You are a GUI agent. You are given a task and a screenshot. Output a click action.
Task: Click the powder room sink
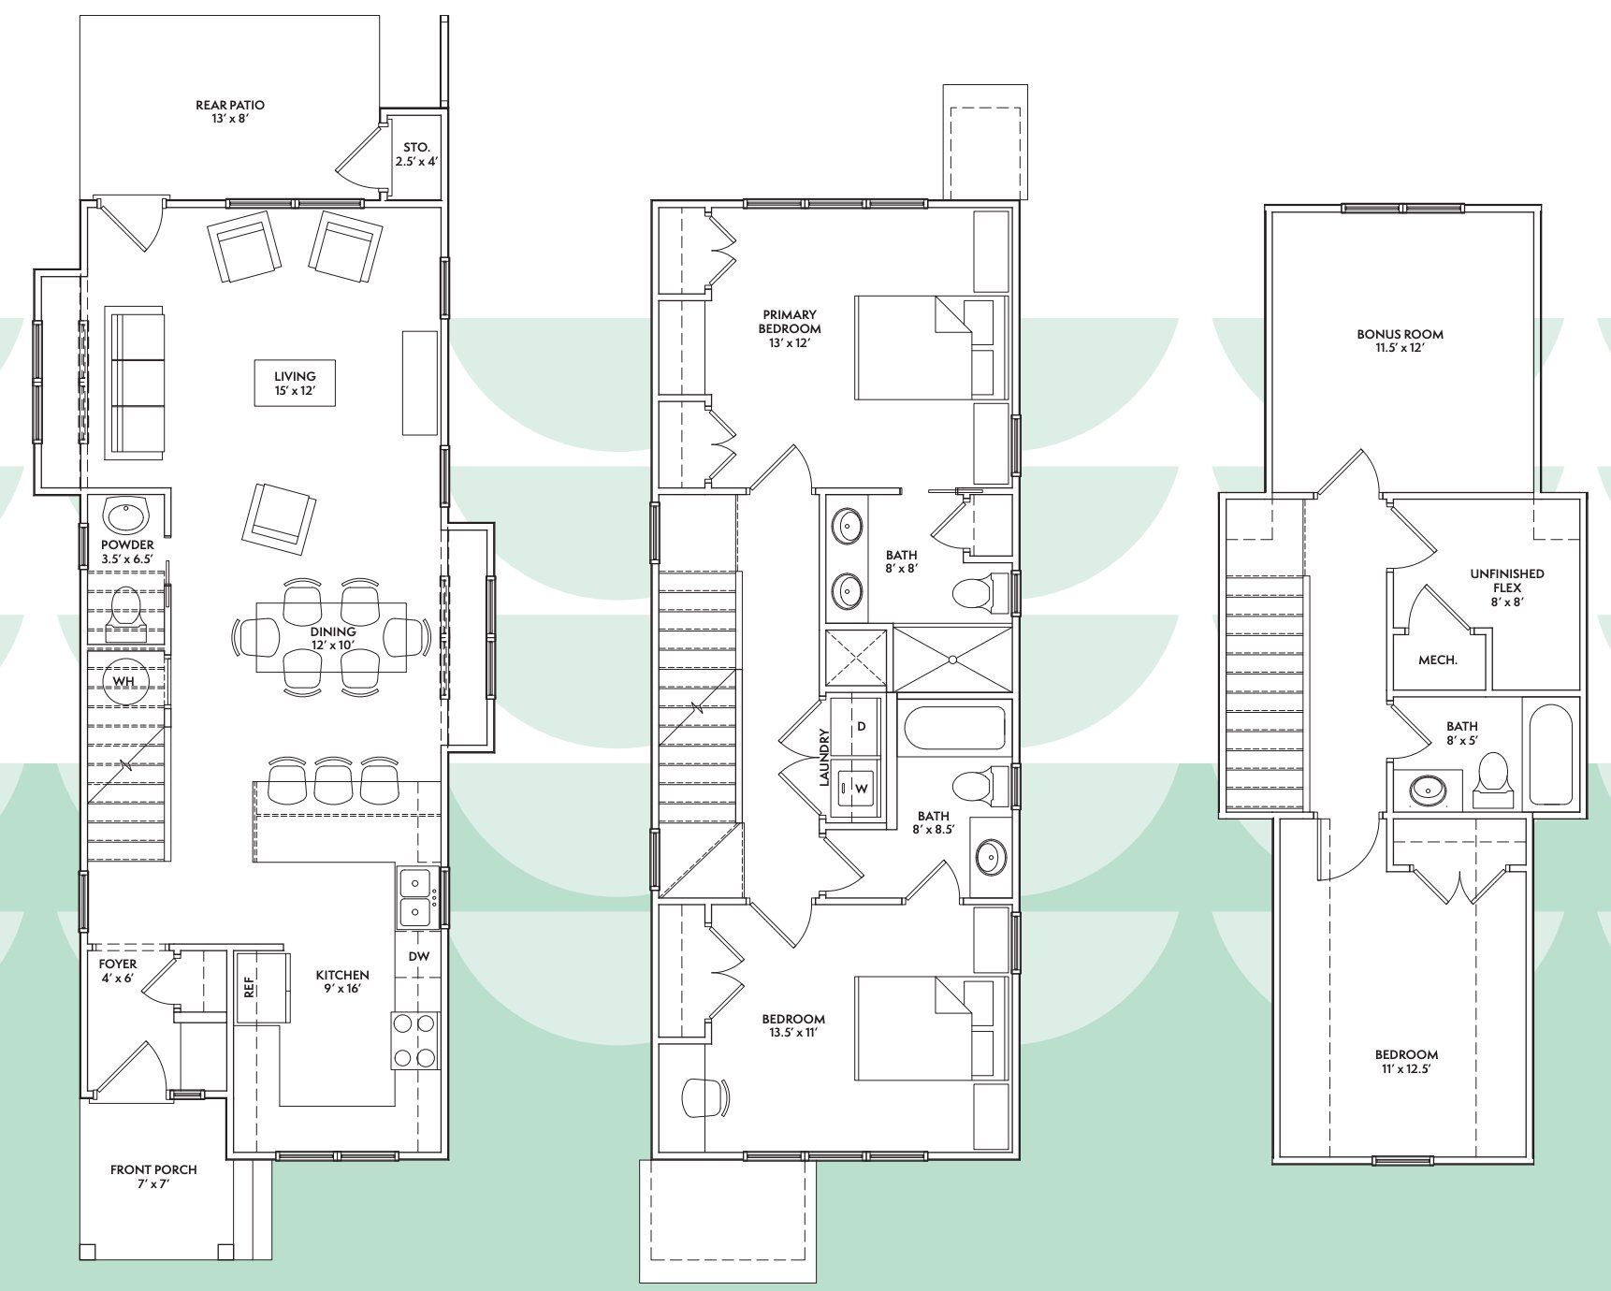coord(125,515)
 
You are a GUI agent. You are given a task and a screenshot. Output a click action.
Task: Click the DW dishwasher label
coord(419,956)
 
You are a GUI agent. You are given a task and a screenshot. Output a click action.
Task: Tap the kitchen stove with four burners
coord(415,1041)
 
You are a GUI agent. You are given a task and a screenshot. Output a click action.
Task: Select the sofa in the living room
coord(137,382)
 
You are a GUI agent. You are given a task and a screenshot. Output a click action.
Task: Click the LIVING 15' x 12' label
coord(295,384)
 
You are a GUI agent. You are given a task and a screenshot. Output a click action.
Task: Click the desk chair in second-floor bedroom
coord(706,1097)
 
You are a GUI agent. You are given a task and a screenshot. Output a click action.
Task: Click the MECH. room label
coord(1438,660)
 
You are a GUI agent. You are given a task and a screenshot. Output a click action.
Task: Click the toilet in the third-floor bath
coord(1492,779)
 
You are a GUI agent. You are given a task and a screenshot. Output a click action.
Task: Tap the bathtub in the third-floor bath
coord(1553,755)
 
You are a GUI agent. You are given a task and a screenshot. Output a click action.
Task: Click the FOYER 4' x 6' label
coord(118,971)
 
